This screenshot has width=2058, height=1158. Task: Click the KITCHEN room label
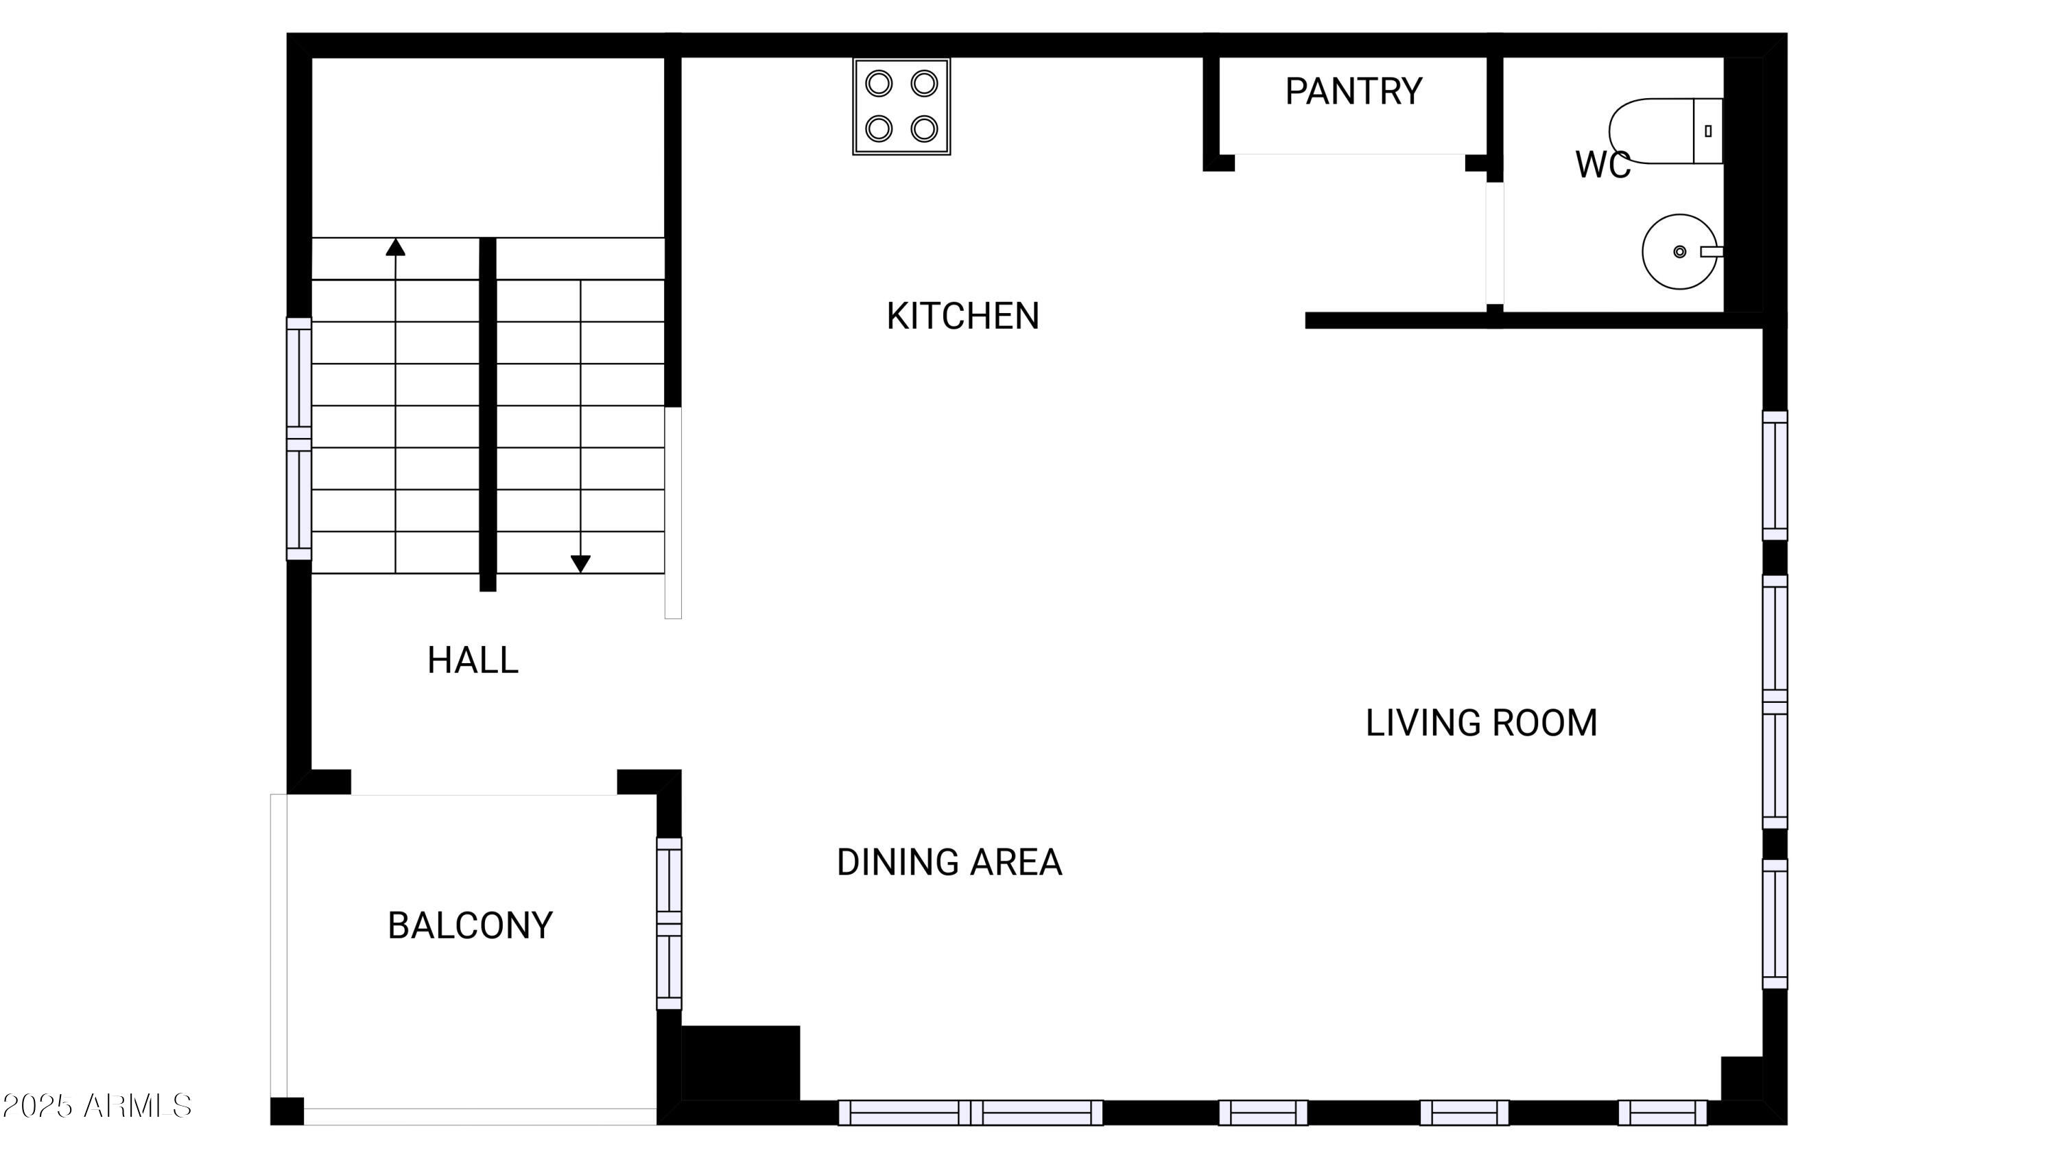(962, 316)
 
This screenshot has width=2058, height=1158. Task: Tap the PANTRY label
(1353, 92)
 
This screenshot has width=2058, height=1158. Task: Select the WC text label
(1602, 165)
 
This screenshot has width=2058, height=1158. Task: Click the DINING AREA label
(949, 862)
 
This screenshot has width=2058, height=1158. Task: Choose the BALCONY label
(470, 925)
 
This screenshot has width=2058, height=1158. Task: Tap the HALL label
(473, 660)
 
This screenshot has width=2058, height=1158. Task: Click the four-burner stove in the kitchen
(901, 106)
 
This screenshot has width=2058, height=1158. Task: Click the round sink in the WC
(1679, 252)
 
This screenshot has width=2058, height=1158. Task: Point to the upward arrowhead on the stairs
(395, 248)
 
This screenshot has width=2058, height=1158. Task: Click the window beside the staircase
(299, 439)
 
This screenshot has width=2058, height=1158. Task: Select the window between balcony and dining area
(669, 923)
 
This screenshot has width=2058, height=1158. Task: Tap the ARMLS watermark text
(97, 1106)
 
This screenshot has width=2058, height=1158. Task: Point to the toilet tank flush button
(1708, 131)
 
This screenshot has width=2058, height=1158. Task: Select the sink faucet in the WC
(1710, 252)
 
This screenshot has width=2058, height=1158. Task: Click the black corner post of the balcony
(287, 1111)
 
